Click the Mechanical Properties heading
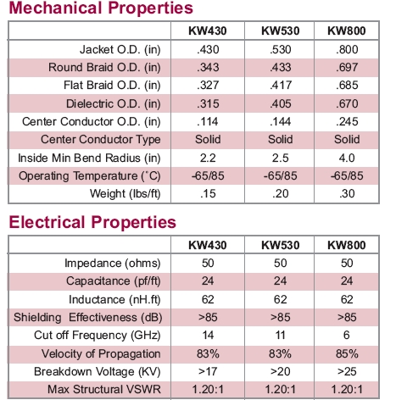[x=101, y=8]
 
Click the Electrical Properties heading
[x=92, y=222]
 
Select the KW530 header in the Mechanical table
[x=280, y=31]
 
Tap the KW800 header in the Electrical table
[x=347, y=245]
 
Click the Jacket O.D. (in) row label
[x=120, y=50]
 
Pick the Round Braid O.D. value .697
[x=347, y=68]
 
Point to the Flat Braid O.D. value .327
[x=208, y=86]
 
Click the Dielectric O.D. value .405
[x=280, y=103]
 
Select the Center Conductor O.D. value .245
[x=347, y=122]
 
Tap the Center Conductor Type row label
[x=101, y=140]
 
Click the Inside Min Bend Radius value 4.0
[x=347, y=158]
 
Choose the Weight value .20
[x=280, y=194]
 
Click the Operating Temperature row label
[x=90, y=176]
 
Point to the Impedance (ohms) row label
[x=113, y=264]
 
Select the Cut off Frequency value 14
[x=208, y=336]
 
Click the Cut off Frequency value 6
[x=347, y=336]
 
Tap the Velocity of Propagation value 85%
[x=347, y=353]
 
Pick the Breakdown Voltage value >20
[x=280, y=371]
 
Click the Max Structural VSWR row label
[x=104, y=390]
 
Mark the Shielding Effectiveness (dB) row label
[x=88, y=318]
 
